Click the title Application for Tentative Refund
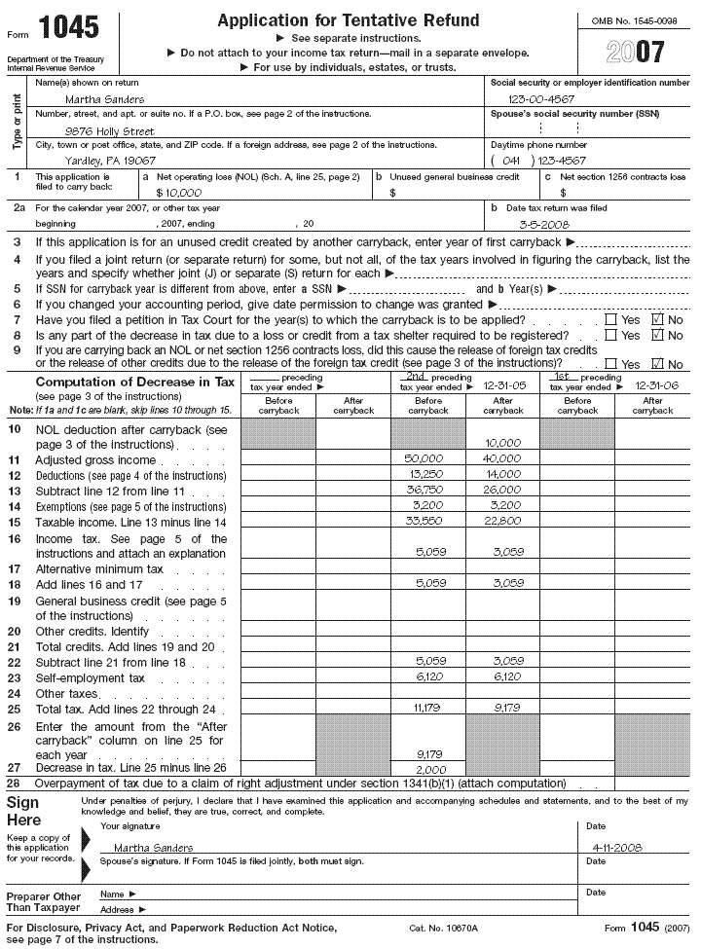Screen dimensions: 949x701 click(348, 20)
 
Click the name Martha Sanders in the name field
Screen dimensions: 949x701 click(104, 99)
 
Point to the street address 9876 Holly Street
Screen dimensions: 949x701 click(109, 130)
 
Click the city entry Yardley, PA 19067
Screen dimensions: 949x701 click(110, 162)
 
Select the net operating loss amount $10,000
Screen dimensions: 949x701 click(177, 193)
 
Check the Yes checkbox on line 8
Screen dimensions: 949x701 click(610, 336)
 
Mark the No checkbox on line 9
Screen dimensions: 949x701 click(657, 364)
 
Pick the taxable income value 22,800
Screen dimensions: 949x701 click(502, 522)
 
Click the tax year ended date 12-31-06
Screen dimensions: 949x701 click(653, 385)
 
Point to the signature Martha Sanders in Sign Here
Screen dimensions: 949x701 click(153, 848)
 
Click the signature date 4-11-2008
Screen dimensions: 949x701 click(615, 848)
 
